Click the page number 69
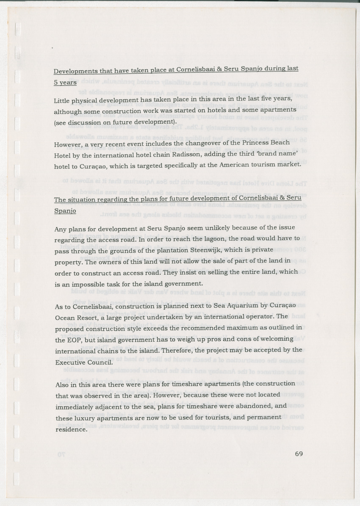pos(299,454)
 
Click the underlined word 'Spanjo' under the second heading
pos(65,210)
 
